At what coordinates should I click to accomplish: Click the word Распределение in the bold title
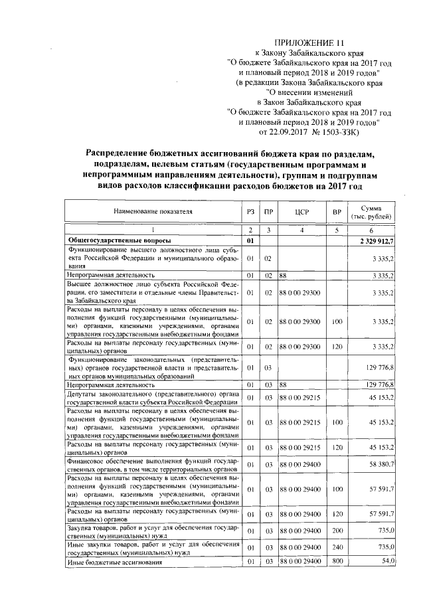coord(125,154)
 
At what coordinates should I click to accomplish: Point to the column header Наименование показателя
coord(152,212)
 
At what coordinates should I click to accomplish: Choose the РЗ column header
coord(250,212)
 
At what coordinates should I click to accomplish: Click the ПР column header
coord(267,212)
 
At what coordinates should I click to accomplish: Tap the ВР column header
coord(336,212)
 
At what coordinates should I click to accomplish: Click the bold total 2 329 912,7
coord(377,239)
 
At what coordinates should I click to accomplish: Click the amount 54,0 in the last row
coord(386,562)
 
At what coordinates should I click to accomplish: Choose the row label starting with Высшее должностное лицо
coord(151,291)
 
